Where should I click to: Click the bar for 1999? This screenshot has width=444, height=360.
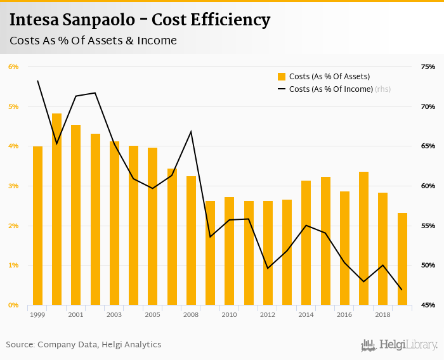pos(37,226)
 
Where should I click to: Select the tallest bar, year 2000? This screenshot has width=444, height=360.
pos(56,209)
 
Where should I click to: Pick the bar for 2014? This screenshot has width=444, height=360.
pos(306,243)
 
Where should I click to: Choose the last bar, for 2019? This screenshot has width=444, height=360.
pos(402,259)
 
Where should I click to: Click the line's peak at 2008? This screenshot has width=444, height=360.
pos(191,132)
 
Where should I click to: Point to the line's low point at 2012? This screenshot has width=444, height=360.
pos(268,268)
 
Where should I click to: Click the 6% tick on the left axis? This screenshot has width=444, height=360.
pos(13,67)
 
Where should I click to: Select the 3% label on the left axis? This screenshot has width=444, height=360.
pos(13,186)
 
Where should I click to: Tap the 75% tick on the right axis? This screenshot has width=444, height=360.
pos(428,67)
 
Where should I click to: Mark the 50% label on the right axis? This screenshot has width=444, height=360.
pos(428,266)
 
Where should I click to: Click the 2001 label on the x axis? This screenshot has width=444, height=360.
pos(75,314)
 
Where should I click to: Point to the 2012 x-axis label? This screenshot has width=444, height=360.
pos(268,314)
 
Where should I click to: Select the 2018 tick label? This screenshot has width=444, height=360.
pos(382,314)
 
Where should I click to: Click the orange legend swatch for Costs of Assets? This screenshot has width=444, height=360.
pos(282,77)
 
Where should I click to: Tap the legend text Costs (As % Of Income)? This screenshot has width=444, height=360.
pos(330,89)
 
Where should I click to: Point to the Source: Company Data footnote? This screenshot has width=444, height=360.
pos(84,345)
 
